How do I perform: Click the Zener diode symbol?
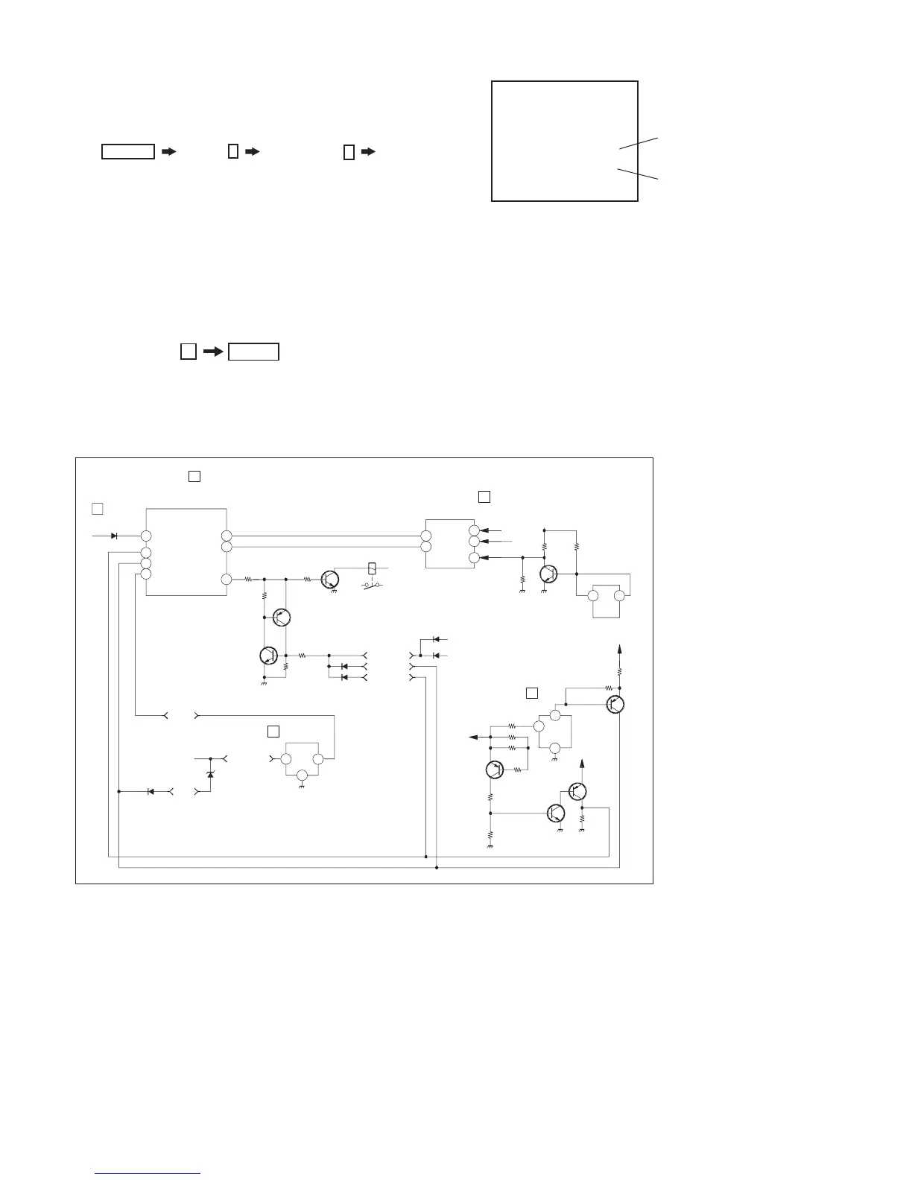(209, 775)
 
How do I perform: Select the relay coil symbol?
(373, 567)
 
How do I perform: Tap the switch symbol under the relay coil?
(372, 586)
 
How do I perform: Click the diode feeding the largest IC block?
(114, 536)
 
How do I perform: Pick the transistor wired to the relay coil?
(330, 580)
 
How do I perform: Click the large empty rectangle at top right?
(565, 141)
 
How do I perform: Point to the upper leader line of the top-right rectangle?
(639, 144)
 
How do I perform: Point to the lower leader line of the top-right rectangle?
(639, 174)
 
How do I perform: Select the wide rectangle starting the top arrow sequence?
(128, 152)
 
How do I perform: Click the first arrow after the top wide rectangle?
(169, 152)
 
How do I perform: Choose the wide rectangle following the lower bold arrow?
(253, 352)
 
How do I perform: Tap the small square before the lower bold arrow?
(189, 352)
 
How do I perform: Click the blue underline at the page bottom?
(148, 1174)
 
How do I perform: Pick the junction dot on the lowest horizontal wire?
(437, 868)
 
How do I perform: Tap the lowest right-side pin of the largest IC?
(227, 579)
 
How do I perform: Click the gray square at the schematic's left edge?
(96, 509)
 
